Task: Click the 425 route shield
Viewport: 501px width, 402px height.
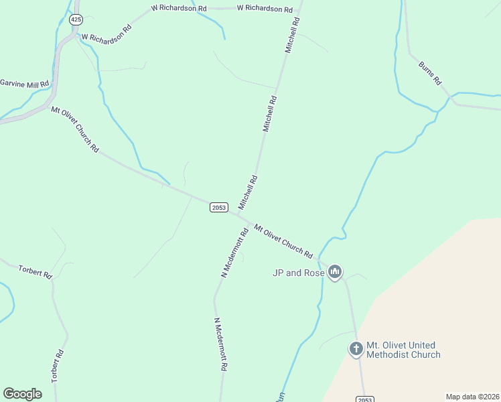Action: (75, 20)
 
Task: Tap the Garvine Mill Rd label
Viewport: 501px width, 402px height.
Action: (25, 84)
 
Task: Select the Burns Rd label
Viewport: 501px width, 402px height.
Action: (430, 72)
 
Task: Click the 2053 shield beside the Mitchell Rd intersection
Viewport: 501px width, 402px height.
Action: (218, 208)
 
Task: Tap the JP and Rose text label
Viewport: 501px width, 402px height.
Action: (298, 273)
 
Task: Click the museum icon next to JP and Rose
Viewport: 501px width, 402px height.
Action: (335, 272)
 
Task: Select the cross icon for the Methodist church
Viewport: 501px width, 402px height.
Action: (356, 348)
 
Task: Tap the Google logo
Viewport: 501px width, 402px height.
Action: (22, 394)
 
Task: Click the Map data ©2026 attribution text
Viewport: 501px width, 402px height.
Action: (472, 397)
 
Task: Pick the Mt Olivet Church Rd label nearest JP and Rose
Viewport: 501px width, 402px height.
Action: (283, 241)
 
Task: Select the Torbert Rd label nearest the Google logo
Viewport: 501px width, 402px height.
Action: (57, 368)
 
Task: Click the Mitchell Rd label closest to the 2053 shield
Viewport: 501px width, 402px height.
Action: (248, 192)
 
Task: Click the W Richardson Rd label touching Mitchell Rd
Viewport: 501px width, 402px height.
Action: (265, 9)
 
